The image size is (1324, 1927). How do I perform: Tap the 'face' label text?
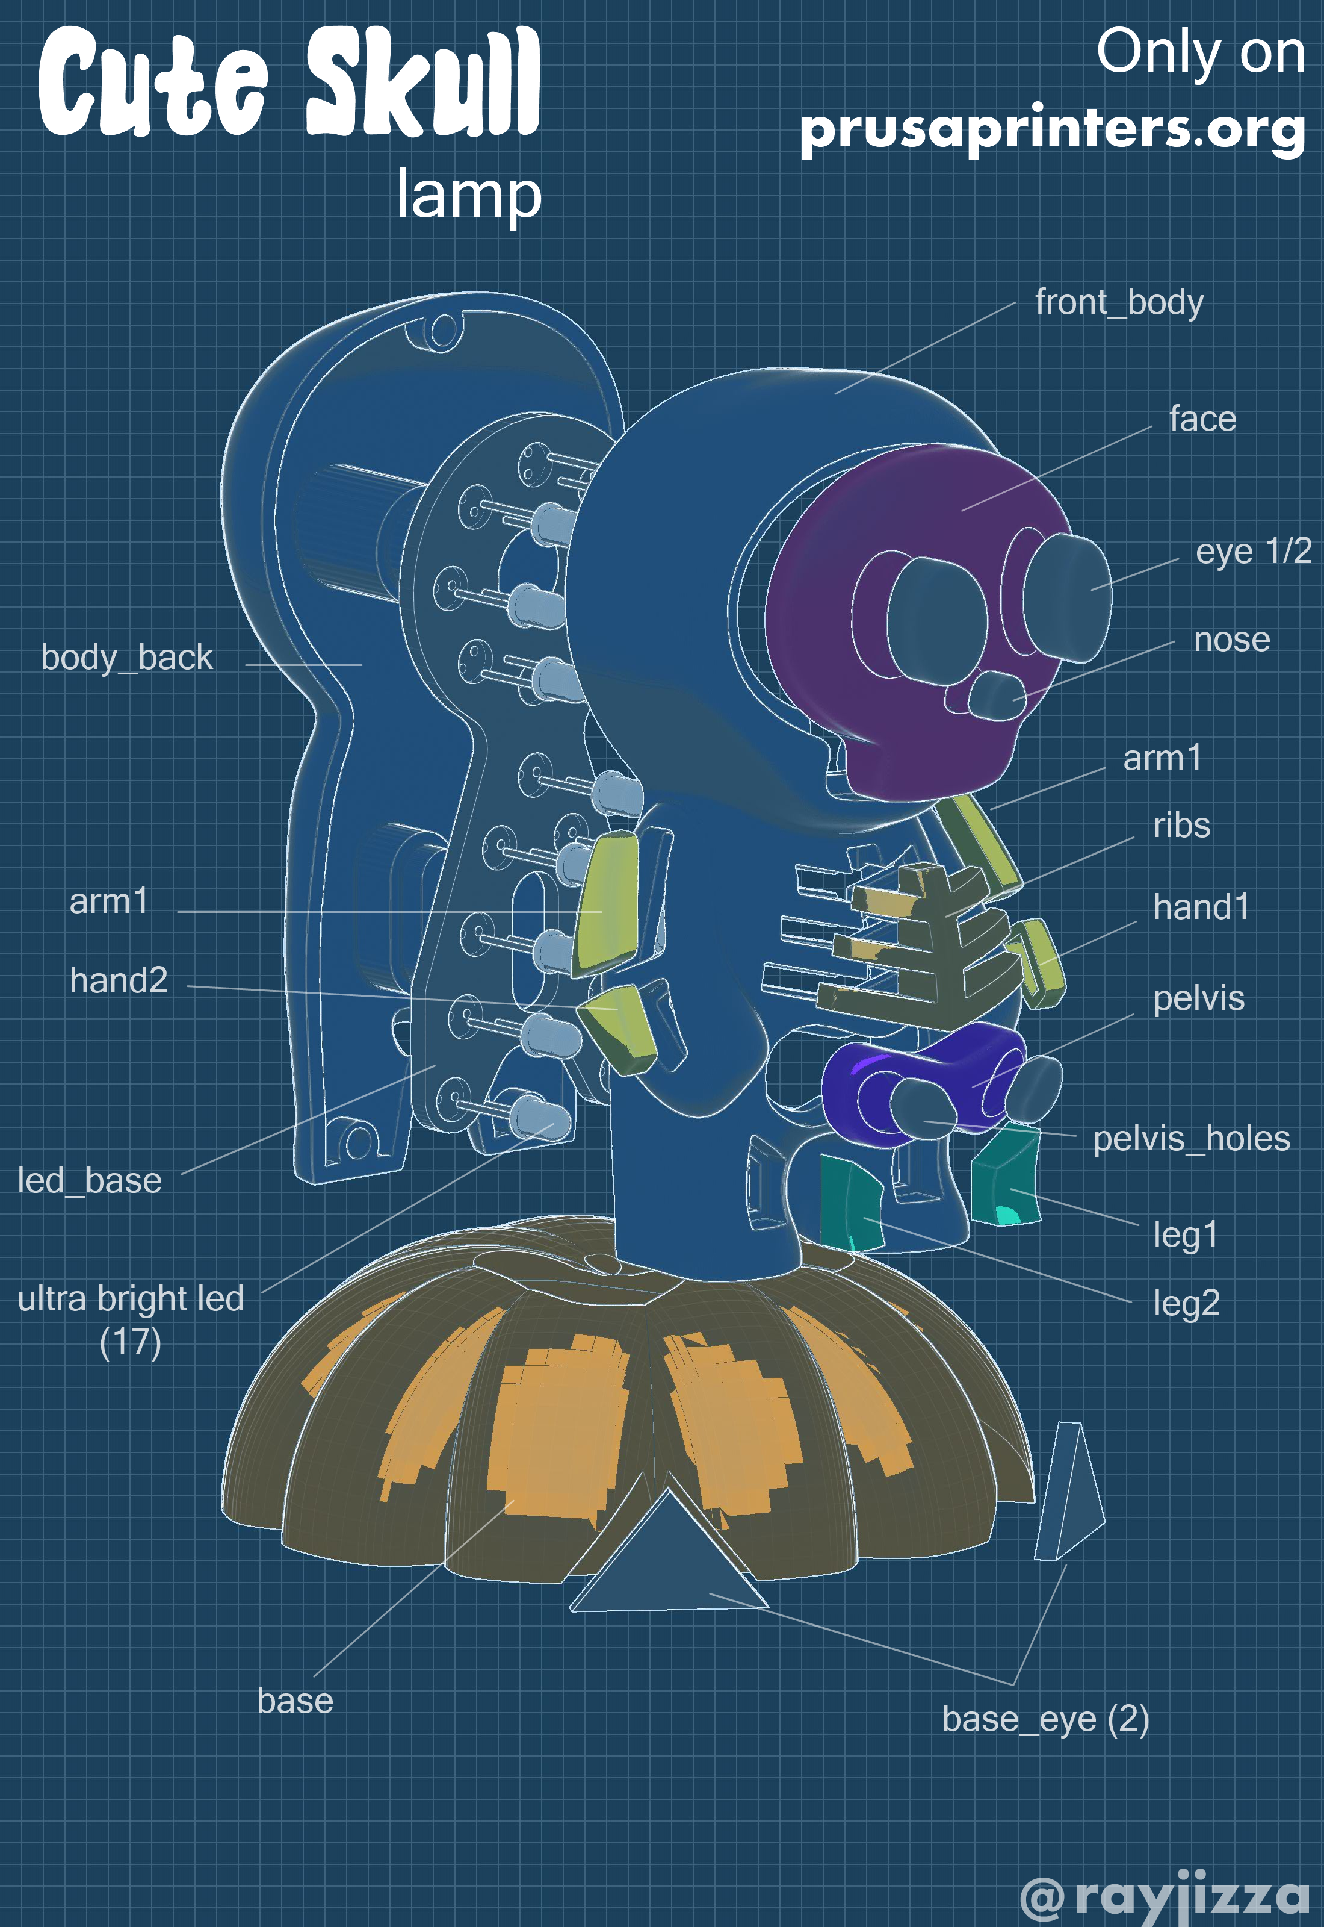click(x=1202, y=419)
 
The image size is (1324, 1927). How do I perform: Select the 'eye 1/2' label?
click(x=1252, y=551)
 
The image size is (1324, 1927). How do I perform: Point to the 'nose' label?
click(x=1231, y=640)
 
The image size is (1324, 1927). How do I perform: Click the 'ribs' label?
click(x=1181, y=826)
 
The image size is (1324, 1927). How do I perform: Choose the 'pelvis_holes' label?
click(x=1191, y=1139)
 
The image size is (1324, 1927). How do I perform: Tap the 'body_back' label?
click(x=127, y=658)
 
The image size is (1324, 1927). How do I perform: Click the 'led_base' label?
click(x=90, y=1181)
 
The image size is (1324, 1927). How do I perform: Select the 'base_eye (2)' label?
click(x=1045, y=1719)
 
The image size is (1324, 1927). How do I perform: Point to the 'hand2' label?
click(x=119, y=980)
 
